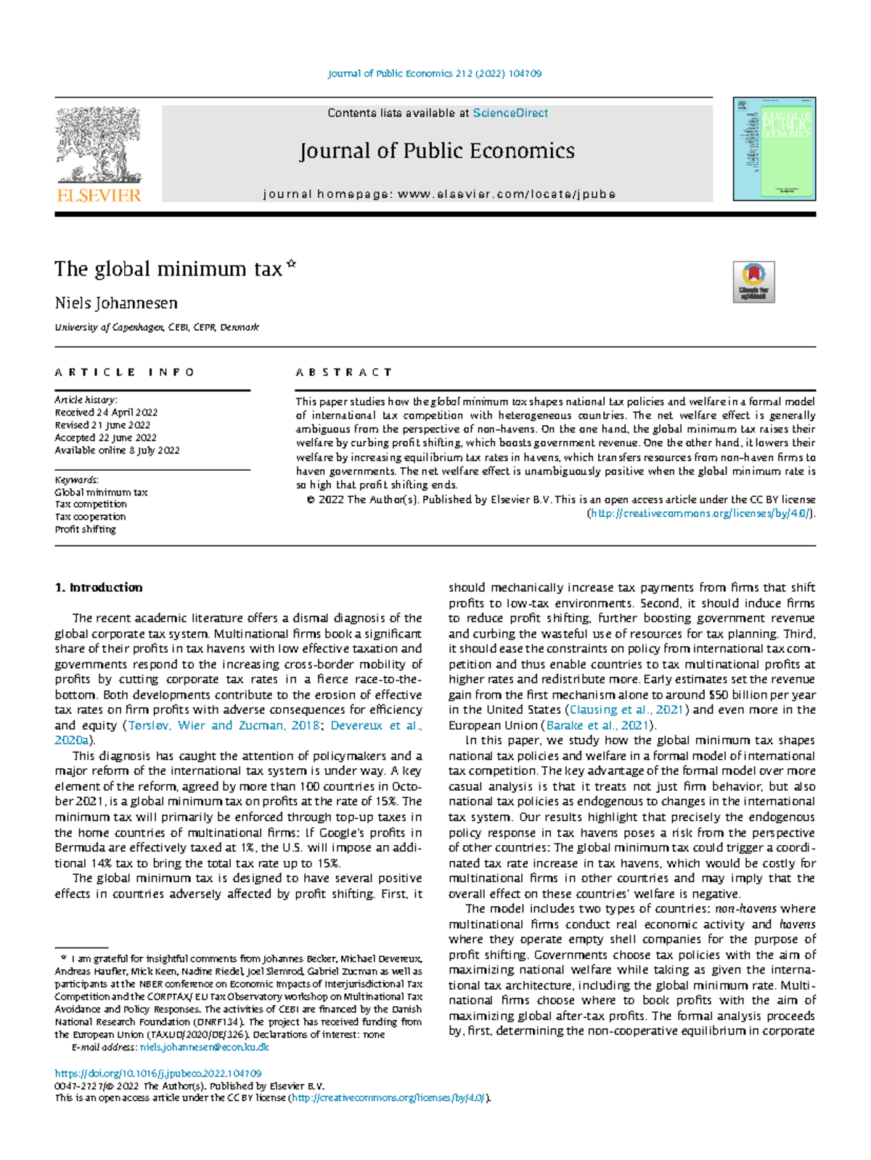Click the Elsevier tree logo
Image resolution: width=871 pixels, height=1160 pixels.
pyautogui.click(x=98, y=144)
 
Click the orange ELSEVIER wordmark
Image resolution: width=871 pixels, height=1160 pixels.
pyautogui.click(x=99, y=195)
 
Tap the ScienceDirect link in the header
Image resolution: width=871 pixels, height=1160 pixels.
pyautogui.click(x=510, y=113)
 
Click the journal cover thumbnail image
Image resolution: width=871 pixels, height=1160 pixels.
pyautogui.click(x=774, y=149)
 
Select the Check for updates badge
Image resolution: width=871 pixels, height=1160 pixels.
pyautogui.click(x=753, y=282)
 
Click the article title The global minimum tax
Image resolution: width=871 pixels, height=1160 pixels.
pyautogui.click(x=168, y=269)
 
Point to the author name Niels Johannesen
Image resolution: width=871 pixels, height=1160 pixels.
pyautogui.click(x=116, y=303)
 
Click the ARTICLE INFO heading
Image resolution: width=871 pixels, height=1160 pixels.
pyautogui.click(x=125, y=372)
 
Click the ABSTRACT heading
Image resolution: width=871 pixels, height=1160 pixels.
pyautogui.click(x=344, y=372)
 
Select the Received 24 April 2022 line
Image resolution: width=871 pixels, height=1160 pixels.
pyautogui.click(x=106, y=412)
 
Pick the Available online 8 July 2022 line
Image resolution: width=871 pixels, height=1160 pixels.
pyautogui.click(x=117, y=450)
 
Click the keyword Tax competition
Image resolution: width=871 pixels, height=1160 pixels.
pyautogui.click(x=91, y=504)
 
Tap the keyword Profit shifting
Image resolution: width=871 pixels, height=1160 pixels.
pyautogui.click(x=85, y=529)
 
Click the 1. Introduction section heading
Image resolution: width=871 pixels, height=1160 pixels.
pyautogui.click(x=99, y=588)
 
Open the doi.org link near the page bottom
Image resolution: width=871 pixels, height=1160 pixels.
pyautogui.click(x=158, y=1073)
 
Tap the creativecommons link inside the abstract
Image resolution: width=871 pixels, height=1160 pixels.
pyautogui.click(x=700, y=513)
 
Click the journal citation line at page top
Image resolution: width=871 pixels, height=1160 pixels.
pyautogui.click(x=435, y=73)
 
